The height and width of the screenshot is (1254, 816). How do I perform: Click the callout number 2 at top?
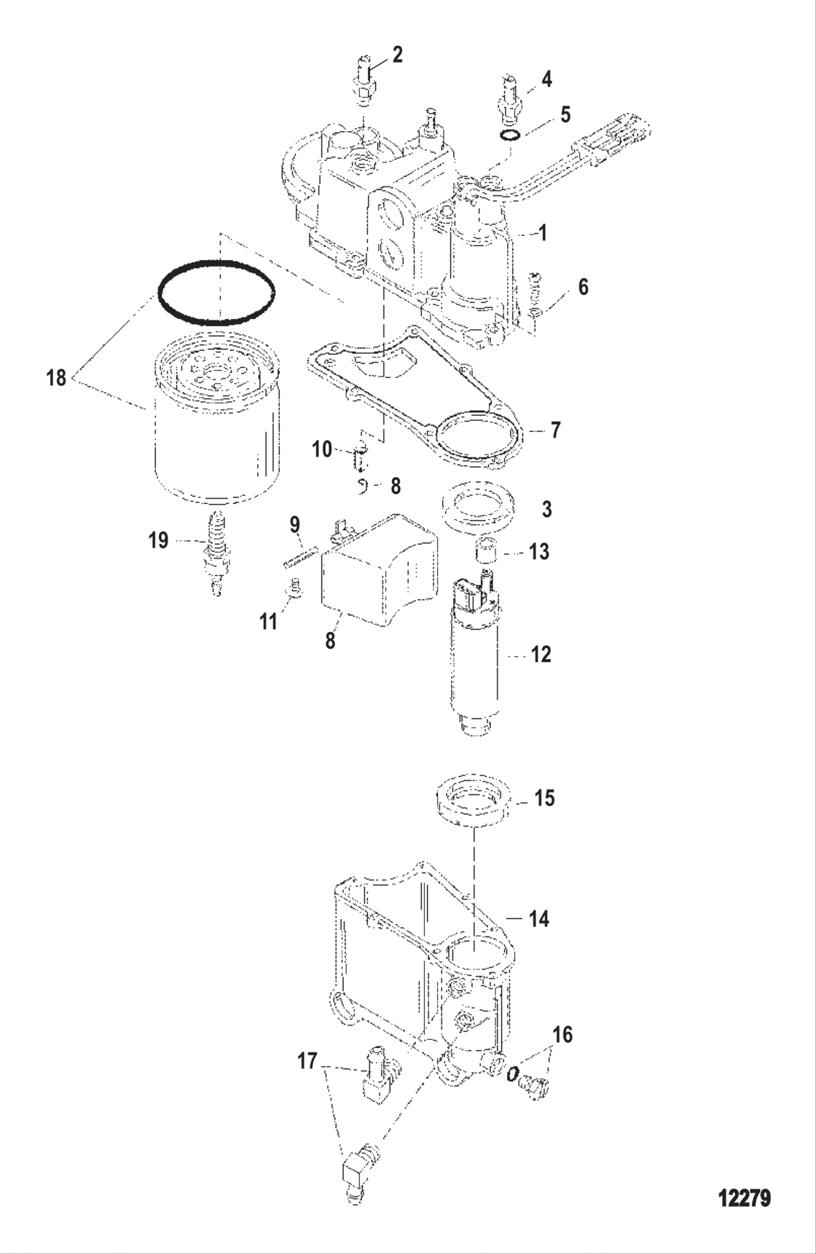click(x=397, y=55)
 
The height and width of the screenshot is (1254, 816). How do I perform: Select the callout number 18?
click(x=56, y=378)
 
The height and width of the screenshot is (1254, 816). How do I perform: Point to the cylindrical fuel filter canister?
click(x=217, y=430)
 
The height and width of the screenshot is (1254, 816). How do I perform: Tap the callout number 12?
click(x=541, y=655)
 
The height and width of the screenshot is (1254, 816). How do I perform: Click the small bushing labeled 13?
click(x=485, y=552)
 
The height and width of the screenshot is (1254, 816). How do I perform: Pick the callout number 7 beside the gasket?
click(x=555, y=430)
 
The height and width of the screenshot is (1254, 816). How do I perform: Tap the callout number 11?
click(x=269, y=621)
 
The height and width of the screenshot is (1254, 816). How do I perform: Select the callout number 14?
click(x=538, y=919)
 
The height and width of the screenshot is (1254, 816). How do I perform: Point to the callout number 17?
click(x=307, y=1062)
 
